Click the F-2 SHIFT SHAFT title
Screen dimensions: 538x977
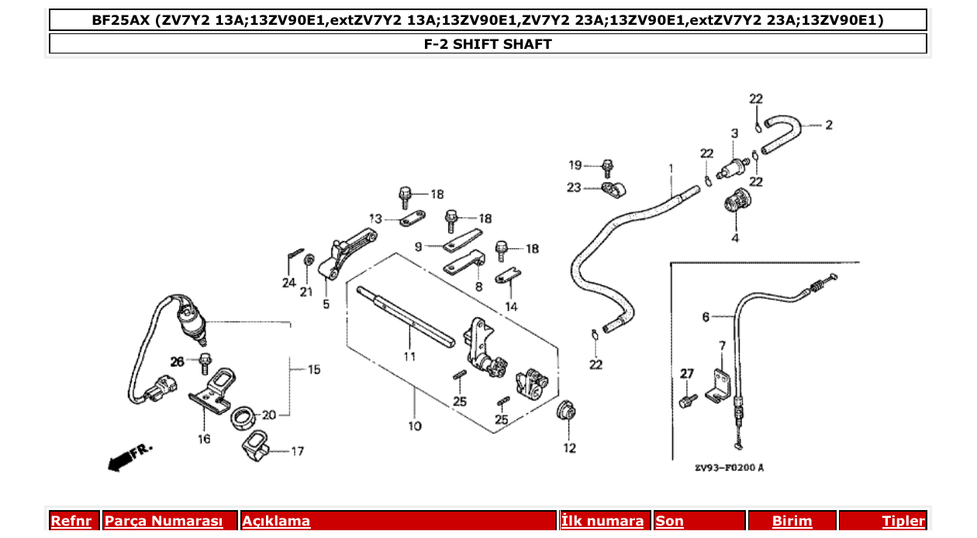point(488,44)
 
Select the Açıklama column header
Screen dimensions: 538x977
point(277,521)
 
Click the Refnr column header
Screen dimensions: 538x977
point(71,521)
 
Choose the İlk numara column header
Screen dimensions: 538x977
point(602,521)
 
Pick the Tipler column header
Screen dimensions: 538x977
point(903,521)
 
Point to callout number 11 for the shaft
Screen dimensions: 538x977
point(409,356)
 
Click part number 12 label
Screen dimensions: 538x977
point(570,447)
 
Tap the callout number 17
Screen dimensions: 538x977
point(298,450)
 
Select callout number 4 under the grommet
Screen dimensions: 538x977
point(734,237)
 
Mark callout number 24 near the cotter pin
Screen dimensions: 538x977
point(288,283)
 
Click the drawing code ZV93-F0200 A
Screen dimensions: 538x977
point(728,467)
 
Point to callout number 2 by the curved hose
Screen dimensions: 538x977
point(828,125)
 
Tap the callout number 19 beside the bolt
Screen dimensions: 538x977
point(575,165)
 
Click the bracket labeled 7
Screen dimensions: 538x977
point(720,381)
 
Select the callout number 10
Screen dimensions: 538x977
point(414,426)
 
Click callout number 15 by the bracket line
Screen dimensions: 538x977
point(313,370)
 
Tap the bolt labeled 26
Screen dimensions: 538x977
point(205,360)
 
